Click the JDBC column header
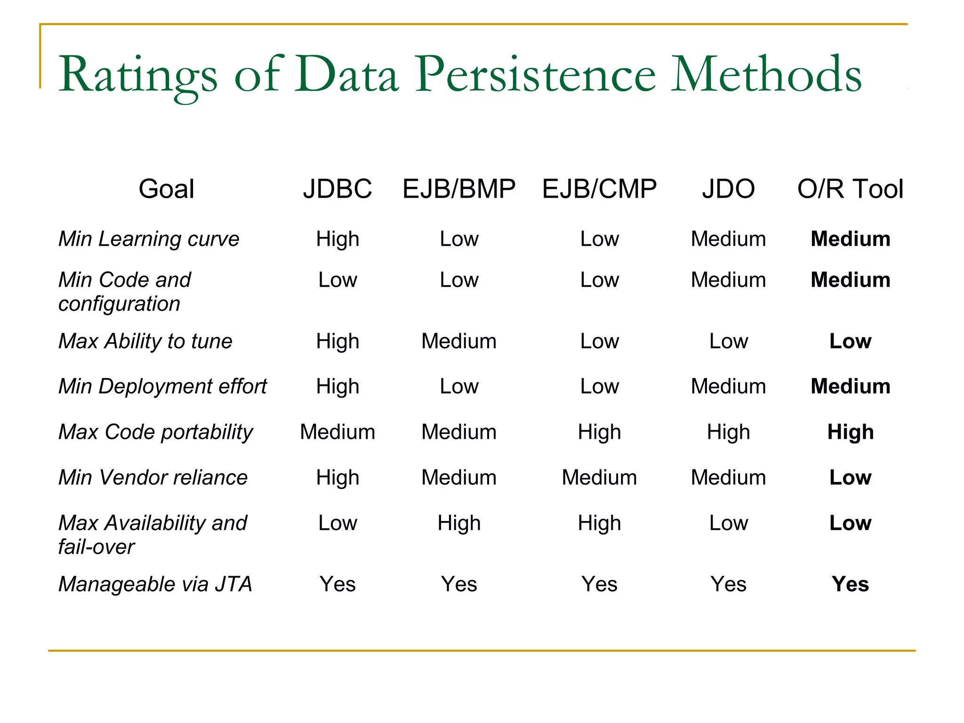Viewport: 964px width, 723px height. [337, 189]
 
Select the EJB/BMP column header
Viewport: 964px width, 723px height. [459, 189]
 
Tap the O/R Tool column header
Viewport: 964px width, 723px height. [850, 189]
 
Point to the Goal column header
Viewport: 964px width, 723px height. [166, 189]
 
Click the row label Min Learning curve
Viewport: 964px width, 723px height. [149, 239]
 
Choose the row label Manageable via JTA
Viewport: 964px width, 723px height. [155, 584]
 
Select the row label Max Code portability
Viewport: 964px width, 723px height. [155, 432]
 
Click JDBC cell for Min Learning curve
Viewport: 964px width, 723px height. [337, 239]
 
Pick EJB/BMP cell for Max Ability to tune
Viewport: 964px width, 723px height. [459, 341]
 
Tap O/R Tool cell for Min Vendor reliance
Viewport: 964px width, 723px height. [850, 477]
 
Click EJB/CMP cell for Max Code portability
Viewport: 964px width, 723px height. [599, 432]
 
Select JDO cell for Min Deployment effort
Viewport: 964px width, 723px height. [728, 386]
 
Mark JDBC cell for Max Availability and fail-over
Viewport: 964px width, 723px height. [337, 523]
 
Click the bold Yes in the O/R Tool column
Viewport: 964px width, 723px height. [850, 584]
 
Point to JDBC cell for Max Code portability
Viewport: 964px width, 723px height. [337, 432]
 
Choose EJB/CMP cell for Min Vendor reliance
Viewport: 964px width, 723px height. [599, 477]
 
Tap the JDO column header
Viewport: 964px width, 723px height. [728, 189]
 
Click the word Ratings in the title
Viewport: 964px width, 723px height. [138, 75]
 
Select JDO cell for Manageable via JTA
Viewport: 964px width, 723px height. [728, 584]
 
